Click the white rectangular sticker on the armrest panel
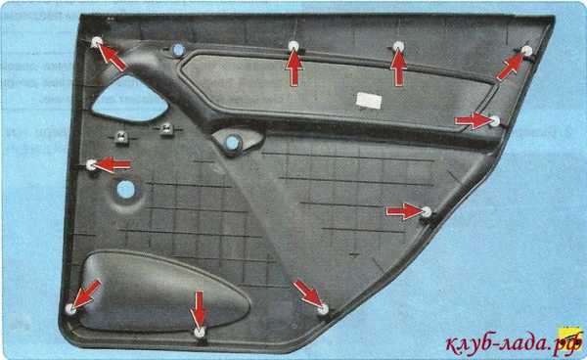(369, 100)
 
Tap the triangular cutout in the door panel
(129, 99)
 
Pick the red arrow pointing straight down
(199, 308)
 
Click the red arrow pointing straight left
(113, 164)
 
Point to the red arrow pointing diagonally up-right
(511, 67)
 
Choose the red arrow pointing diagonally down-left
(86, 294)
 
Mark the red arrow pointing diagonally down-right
(307, 293)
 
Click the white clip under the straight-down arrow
(200, 332)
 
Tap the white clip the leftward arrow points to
(91, 164)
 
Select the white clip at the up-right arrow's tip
(526, 51)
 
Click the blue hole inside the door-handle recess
(233, 142)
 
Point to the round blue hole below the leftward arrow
(125, 190)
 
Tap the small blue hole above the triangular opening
(178, 50)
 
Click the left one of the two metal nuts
(121, 137)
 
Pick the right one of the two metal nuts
(167, 129)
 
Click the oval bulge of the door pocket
(164, 292)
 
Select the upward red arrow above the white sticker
(398, 68)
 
